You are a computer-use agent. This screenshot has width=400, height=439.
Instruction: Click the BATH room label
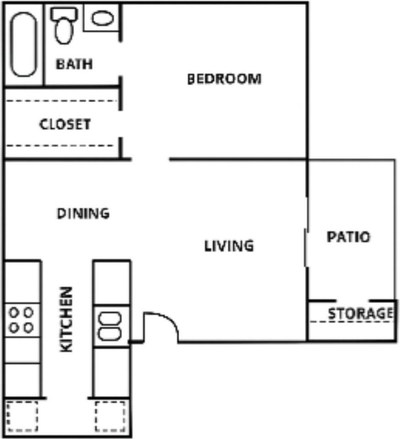[74, 64]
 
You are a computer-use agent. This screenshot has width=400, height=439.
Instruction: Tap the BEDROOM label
[224, 79]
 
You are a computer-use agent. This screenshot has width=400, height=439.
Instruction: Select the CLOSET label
[65, 124]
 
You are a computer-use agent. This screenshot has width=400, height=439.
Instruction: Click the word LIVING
[229, 246]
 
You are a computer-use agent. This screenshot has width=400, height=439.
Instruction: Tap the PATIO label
[348, 237]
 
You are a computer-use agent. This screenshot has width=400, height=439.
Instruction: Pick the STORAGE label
[360, 314]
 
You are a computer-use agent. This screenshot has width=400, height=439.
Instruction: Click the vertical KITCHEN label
[67, 319]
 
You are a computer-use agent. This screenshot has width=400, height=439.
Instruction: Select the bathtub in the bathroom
[24, 44]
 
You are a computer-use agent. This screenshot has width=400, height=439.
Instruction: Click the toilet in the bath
[63, 27]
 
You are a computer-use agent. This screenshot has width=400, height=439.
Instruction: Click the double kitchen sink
[110, 326]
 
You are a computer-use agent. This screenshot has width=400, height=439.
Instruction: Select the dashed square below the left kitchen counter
[22, 416]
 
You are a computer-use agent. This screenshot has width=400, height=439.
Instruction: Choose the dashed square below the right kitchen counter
[110, 416]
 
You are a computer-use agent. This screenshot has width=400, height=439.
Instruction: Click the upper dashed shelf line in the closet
[59, 101]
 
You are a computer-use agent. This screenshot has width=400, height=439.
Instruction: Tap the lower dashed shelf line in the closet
[59, 146]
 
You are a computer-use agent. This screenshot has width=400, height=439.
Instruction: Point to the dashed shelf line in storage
[351, 321]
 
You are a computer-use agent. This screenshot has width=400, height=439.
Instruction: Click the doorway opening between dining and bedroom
[150, 159]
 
